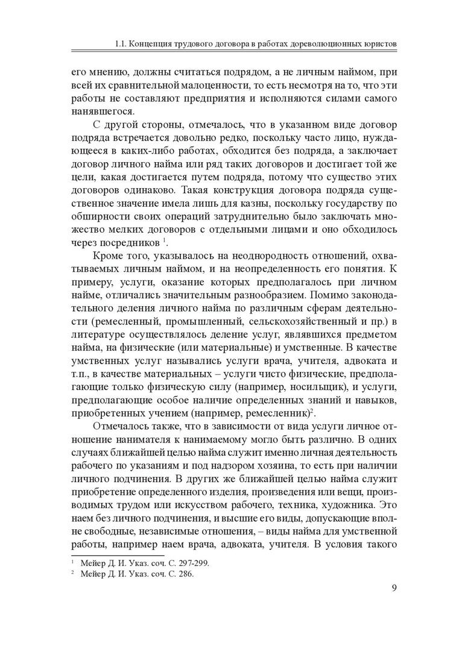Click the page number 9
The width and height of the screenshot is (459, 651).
pyautogui.click(x=393, y=589)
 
